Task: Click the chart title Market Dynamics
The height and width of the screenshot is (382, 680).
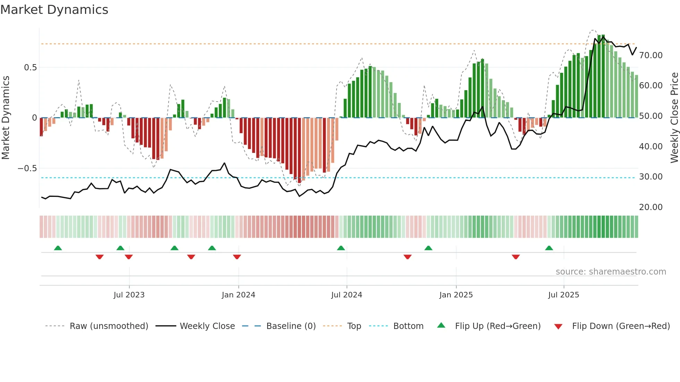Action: pyautogui.click(x=54, y=10)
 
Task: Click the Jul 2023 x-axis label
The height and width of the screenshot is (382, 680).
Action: pyautogui.click(x=129, y=295)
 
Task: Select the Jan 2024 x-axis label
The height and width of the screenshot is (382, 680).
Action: pyautogui.click(x=238, y=295)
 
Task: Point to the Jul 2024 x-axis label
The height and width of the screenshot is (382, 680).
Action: pyautogui.click(x=347, y=295)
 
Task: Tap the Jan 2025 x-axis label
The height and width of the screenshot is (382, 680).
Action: pyautogui.click(x=456, y=295)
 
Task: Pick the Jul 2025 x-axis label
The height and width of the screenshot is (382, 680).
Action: pyautogui.click(x=563, y=295)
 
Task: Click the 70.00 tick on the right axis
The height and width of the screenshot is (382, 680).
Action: pyautogui.click(x=651, y=55)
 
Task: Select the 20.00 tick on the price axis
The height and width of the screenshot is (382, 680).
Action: pyautogui.click(x=651, y=207)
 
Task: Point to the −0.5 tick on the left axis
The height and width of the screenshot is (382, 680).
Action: pyautogui.click(x=27, y=168)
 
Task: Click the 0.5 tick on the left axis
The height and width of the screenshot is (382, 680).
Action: pyautogui.click(x=30, y=68)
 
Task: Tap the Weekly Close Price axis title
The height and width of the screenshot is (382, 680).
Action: pyautogui.click(x=674, y=118)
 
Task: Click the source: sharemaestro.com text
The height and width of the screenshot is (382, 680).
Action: pyautogui.click(x=611, y=272)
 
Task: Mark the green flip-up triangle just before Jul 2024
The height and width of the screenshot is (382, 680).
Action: pyautogui.click(x=341, y=248)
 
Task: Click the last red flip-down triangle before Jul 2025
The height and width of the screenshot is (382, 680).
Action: pyautogui.click(x=516, y=257)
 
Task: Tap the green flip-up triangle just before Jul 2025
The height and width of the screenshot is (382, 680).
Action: pyautogui.click(x=549, y=248)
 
